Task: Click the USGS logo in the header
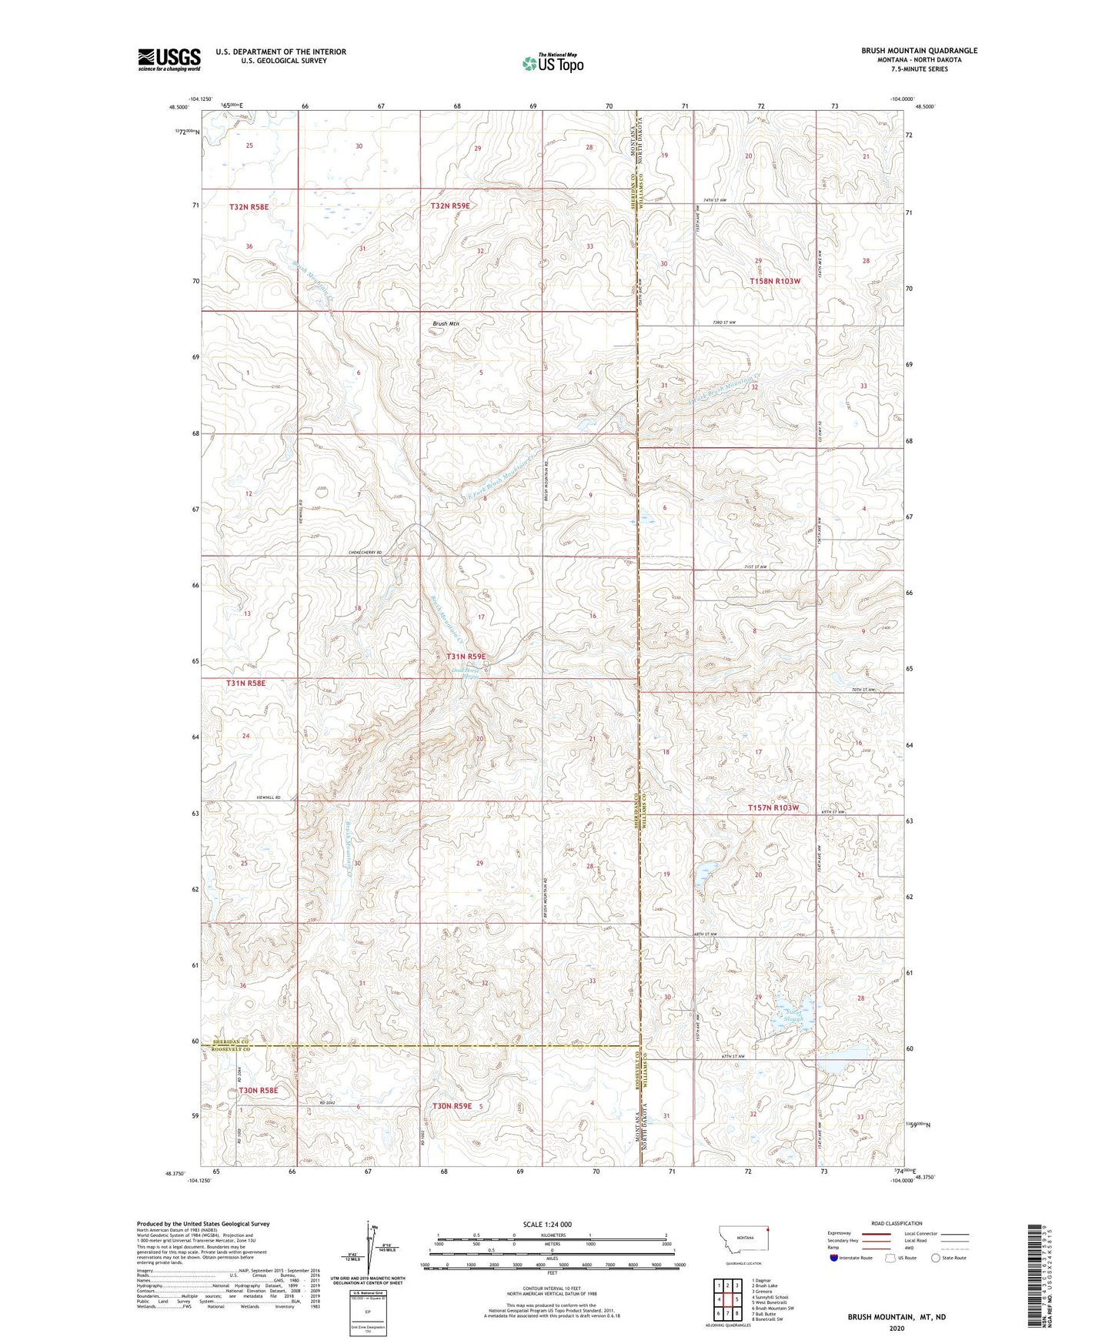(x=169, y=59)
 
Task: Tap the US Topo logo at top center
(x=553, y=63)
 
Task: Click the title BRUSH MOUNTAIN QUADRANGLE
(x=919, y=51)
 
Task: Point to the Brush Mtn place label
(x=446, y=324)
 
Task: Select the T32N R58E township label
(x=251, y=206)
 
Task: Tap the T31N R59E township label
(x=466, y=657)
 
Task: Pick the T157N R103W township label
(x=773, y=808)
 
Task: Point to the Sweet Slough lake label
(x=793, y=1015)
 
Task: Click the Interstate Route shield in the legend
(x=834, y=1258)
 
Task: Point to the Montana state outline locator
(x=743, y=1236)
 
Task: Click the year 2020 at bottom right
(x=897, y=1328)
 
